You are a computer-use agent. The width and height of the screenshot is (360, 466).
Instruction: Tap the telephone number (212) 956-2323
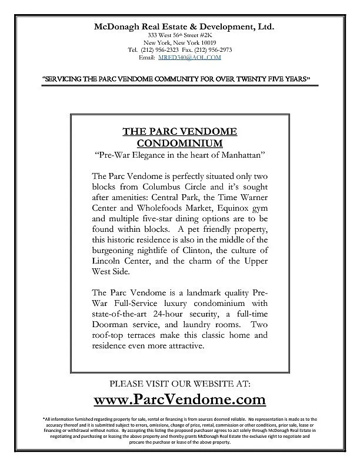pyautogui.click(x=162, y=50)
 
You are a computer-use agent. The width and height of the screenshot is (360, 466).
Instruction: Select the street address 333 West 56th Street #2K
pyautogui.click(x=180, y=36)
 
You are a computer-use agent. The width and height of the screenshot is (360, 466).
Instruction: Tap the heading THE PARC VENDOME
pyautogui.click(x=179, y=131)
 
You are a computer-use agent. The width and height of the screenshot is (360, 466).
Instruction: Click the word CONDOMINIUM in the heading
pyautogui.click(x=179, y=143)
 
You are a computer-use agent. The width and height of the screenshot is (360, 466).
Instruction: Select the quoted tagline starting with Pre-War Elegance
pyautogui.click(x=180, y=155)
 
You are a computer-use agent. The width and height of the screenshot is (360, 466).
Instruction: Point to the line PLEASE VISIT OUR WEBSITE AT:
pyautogui.click(x=180, y=383)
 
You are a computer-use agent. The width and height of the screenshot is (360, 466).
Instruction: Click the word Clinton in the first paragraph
pyautogui.click(x=195, y=250)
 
